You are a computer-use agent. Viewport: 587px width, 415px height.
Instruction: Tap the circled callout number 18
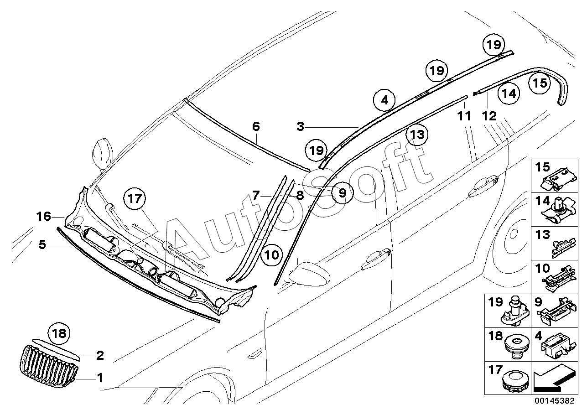[60, 333]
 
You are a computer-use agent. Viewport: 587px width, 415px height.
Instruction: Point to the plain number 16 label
[44, 216]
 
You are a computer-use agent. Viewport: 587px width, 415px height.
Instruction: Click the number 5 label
[42, 245]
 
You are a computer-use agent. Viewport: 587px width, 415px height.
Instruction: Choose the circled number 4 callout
[384, 100]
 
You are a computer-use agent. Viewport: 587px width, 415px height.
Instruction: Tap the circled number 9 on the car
[342, 193]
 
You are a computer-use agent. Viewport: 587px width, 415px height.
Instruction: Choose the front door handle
[375, 259]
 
